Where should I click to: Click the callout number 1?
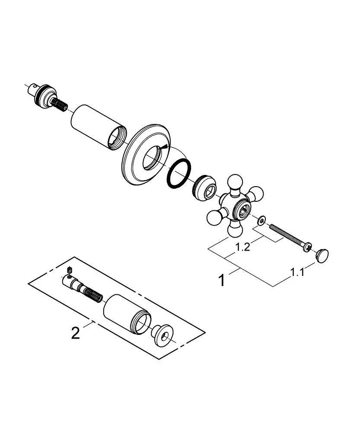(x=222, y=280)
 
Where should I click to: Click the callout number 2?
(x=76, y=333)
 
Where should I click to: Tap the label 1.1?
(x=297, y=273)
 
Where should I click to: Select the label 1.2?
(x=242, y=247)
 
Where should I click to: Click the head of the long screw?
(x=307, y=247)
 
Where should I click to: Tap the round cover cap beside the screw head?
(x=322, y=256)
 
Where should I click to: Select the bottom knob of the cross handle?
(x=235, y=229)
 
